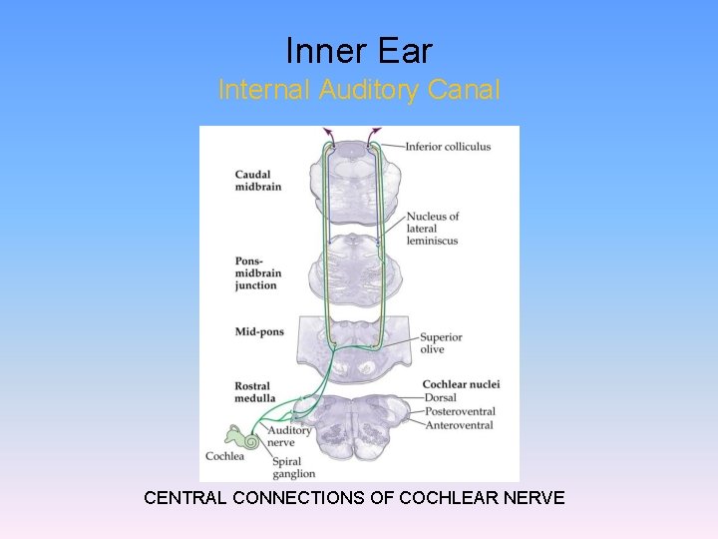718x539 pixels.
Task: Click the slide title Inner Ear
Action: (x=359, y=50)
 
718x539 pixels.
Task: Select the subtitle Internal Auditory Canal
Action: (x=359, y=90)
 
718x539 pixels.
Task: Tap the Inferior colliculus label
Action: (x=448, y=148)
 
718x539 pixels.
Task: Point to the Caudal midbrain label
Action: (x=257, y=181)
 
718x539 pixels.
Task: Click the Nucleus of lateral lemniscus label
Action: (x=433, y=229)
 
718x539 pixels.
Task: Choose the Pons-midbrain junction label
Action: (x=256, y=273)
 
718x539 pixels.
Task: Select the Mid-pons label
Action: (x=259, y=331)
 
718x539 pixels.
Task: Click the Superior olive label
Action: (x=441, y=343)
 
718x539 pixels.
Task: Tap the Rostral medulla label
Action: (x=253, y=392)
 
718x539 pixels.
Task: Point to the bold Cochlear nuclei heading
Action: (x=461, y=384)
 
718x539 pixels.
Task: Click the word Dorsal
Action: (x=440, y=398)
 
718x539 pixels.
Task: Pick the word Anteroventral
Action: (x=459, y=425)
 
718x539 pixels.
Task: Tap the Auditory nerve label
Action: (x=289, y=437)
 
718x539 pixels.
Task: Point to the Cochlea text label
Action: (x=224, y=456)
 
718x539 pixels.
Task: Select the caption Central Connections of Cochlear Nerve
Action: (x=354, y=497)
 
